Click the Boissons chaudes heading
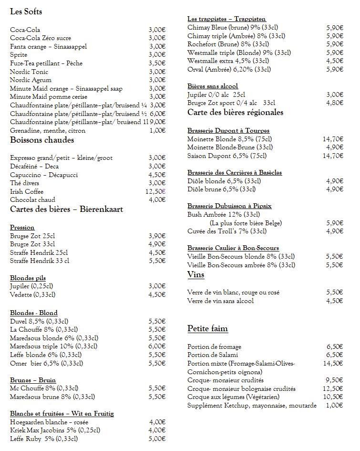click(x=42, y=140)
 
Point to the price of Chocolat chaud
click(x=157, y=199)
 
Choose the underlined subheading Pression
click(x=22, y=227)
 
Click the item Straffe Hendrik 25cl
click(x=39, y=252)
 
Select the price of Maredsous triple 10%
click(x=157, y=346)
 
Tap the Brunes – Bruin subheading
click(x=33, y=380)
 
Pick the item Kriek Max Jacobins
click(x=55, y=430)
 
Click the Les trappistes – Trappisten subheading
click(x=226, y=19)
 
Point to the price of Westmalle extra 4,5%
click(x=335, y=61)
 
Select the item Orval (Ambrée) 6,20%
click(x=229, y=69)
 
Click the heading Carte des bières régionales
click(x=235, y=113)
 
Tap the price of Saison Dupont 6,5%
click(x=333, y=156)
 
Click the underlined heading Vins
click(x=195, y=274)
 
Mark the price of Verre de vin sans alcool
click(x=335, y=301)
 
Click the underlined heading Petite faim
click(x=207, y=328)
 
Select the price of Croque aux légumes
click(x=333, y=397)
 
